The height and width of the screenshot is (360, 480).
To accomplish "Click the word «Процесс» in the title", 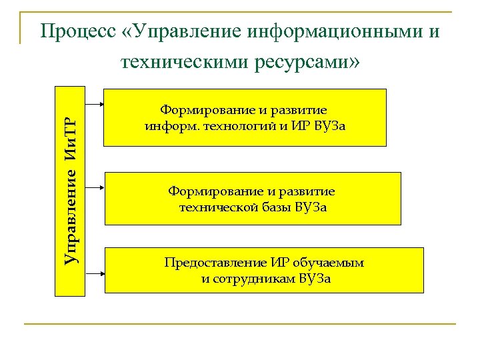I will (x=77, y=31).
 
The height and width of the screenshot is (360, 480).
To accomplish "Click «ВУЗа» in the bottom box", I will (x=315, y=278).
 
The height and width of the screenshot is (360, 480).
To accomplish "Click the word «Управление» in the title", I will (x=183, y=31).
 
